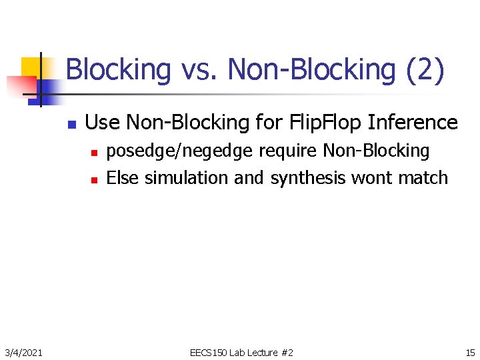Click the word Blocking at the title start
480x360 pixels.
(118, 70)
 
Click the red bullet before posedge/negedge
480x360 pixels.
(94, 153)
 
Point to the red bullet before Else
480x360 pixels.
(94, 179)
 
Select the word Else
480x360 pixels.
(123, 178)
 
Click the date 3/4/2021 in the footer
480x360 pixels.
(23, 352)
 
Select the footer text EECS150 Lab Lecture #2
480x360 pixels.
(241, 352)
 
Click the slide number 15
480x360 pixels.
(470, 352)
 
